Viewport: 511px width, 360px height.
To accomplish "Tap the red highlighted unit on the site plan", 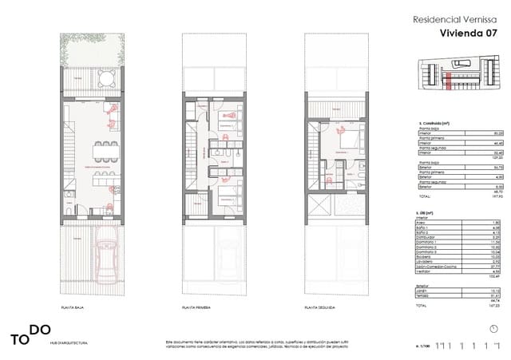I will coord(449,77).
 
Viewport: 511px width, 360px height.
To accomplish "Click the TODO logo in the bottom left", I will coord(30,334).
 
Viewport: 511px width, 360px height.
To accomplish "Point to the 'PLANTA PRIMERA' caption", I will coord(196,307).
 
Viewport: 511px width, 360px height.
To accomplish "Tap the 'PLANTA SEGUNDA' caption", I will coord(319,307).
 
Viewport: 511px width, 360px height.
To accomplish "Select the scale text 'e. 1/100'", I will coord(422,346).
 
